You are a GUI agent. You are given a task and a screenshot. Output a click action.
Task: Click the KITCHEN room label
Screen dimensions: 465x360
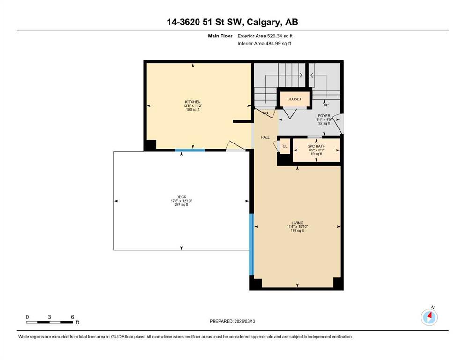[193, 102]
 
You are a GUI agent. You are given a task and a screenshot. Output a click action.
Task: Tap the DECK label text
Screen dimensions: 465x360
[181, 197]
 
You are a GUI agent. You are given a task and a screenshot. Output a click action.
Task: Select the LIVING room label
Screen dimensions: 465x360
[297, 223]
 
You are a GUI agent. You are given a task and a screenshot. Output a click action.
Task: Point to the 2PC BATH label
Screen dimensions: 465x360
[317, 146]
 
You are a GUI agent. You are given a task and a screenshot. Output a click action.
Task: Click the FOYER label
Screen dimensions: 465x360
[324, 116]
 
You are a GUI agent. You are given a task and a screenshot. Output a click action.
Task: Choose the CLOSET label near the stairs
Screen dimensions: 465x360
[294, 99]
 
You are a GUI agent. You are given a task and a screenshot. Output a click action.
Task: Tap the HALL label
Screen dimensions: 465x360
[265, 137]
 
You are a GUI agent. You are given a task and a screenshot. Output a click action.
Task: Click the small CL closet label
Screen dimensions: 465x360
[285, 146]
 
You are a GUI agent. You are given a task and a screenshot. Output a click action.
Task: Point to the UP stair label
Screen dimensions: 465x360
[326, 105]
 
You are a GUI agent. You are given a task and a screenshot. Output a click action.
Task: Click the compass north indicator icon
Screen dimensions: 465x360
[429, 317]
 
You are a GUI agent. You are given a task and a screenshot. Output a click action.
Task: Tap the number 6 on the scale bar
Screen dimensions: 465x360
[72, 317]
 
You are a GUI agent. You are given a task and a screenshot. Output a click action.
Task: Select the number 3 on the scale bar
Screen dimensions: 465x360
[49, 317]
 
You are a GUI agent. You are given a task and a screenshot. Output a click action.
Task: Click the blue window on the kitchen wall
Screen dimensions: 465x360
[190, 150]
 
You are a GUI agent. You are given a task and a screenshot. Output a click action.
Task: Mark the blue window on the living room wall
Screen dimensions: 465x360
[251, 244]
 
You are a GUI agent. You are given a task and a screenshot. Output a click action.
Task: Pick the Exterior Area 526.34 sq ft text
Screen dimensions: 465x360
[265, 36]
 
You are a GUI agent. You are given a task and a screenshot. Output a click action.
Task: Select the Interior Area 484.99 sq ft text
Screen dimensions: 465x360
[264, 43]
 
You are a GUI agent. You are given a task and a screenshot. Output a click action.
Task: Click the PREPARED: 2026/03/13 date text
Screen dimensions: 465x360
[232, 321]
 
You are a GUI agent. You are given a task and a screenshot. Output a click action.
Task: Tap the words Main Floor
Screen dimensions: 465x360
[220, 36]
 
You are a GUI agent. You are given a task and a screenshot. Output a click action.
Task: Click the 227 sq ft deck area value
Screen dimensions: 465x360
[181, 205]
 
